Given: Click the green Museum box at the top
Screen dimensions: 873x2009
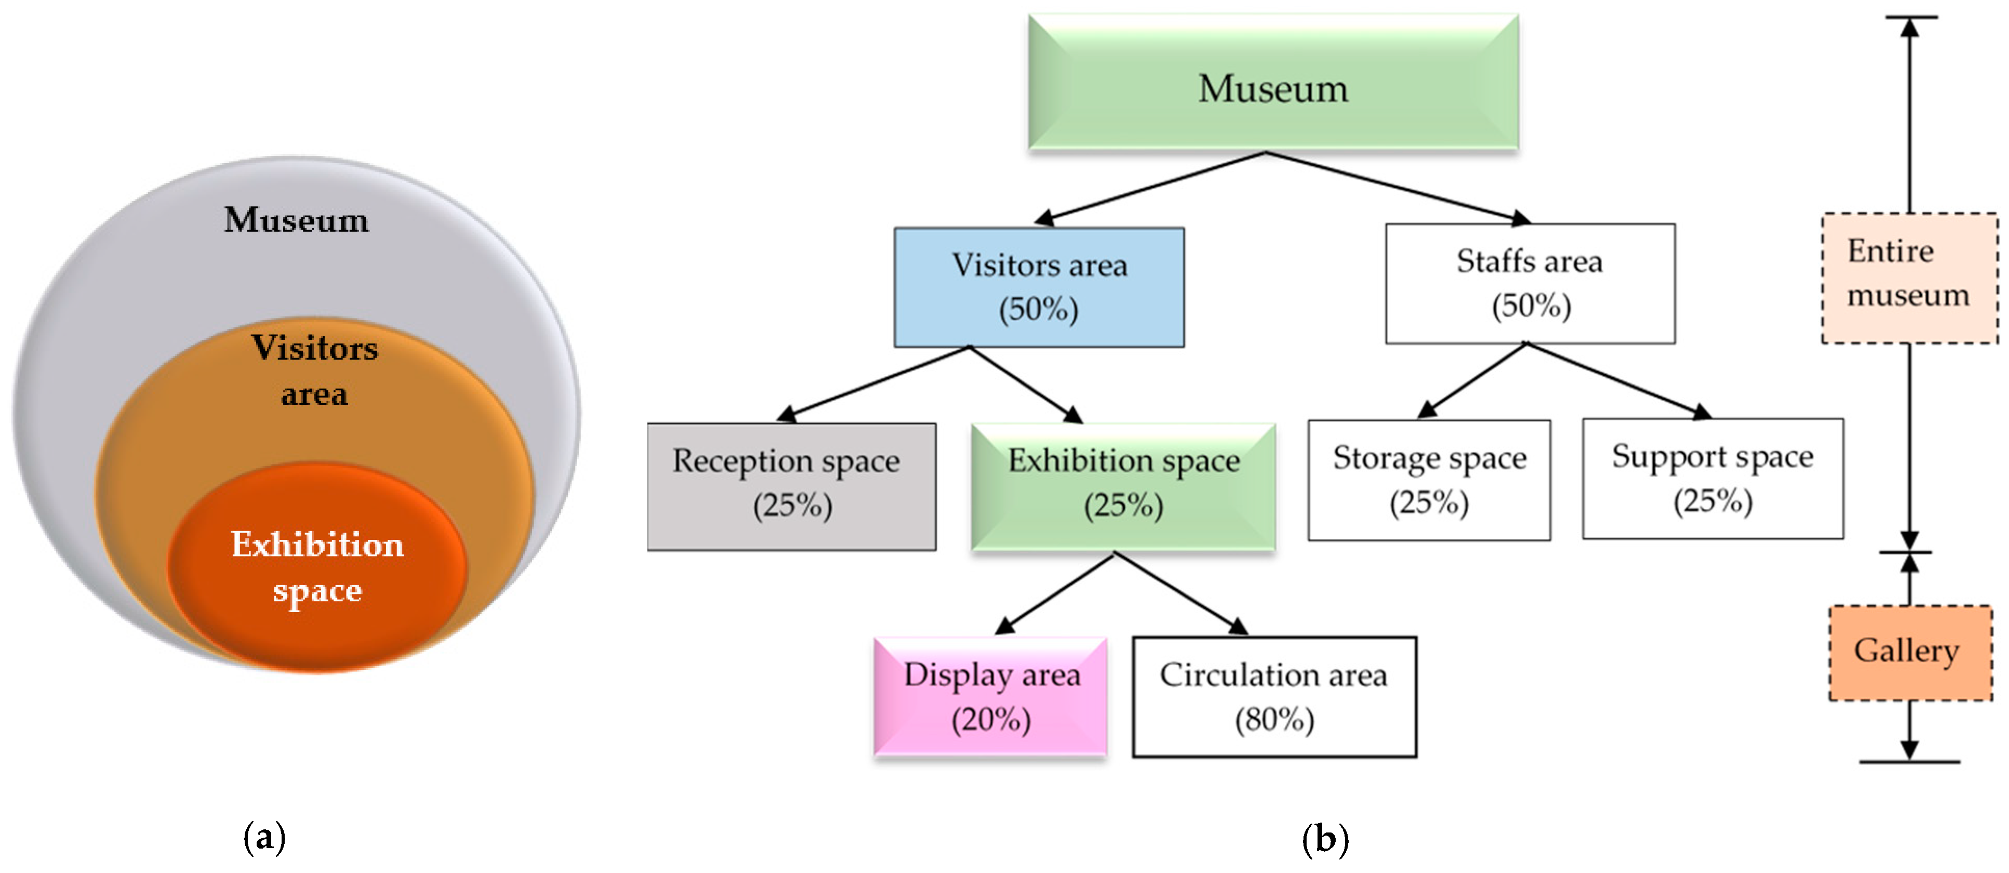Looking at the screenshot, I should coord(1273,83).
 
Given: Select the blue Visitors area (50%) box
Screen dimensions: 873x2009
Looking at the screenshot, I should coord(1039,287).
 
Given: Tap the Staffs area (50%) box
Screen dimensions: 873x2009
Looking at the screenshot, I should coord(1529,283).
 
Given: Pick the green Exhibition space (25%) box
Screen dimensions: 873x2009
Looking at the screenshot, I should coord(1123,486).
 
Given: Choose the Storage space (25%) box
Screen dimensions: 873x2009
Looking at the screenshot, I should coord(1429,480).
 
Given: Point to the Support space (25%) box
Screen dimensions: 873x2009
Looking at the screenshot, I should coord(1713,478).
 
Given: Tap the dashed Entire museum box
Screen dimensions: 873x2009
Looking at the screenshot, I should coord(1908,277).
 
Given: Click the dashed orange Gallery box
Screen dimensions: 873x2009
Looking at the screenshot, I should coord(1909,652).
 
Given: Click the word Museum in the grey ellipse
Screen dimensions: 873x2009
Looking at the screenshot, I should coord(296,220).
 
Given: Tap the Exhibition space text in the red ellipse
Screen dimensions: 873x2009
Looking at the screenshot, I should coord(317,567).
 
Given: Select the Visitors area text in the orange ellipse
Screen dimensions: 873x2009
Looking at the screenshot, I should coord(314,371).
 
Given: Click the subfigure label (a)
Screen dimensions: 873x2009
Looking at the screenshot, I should coord(264,838).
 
